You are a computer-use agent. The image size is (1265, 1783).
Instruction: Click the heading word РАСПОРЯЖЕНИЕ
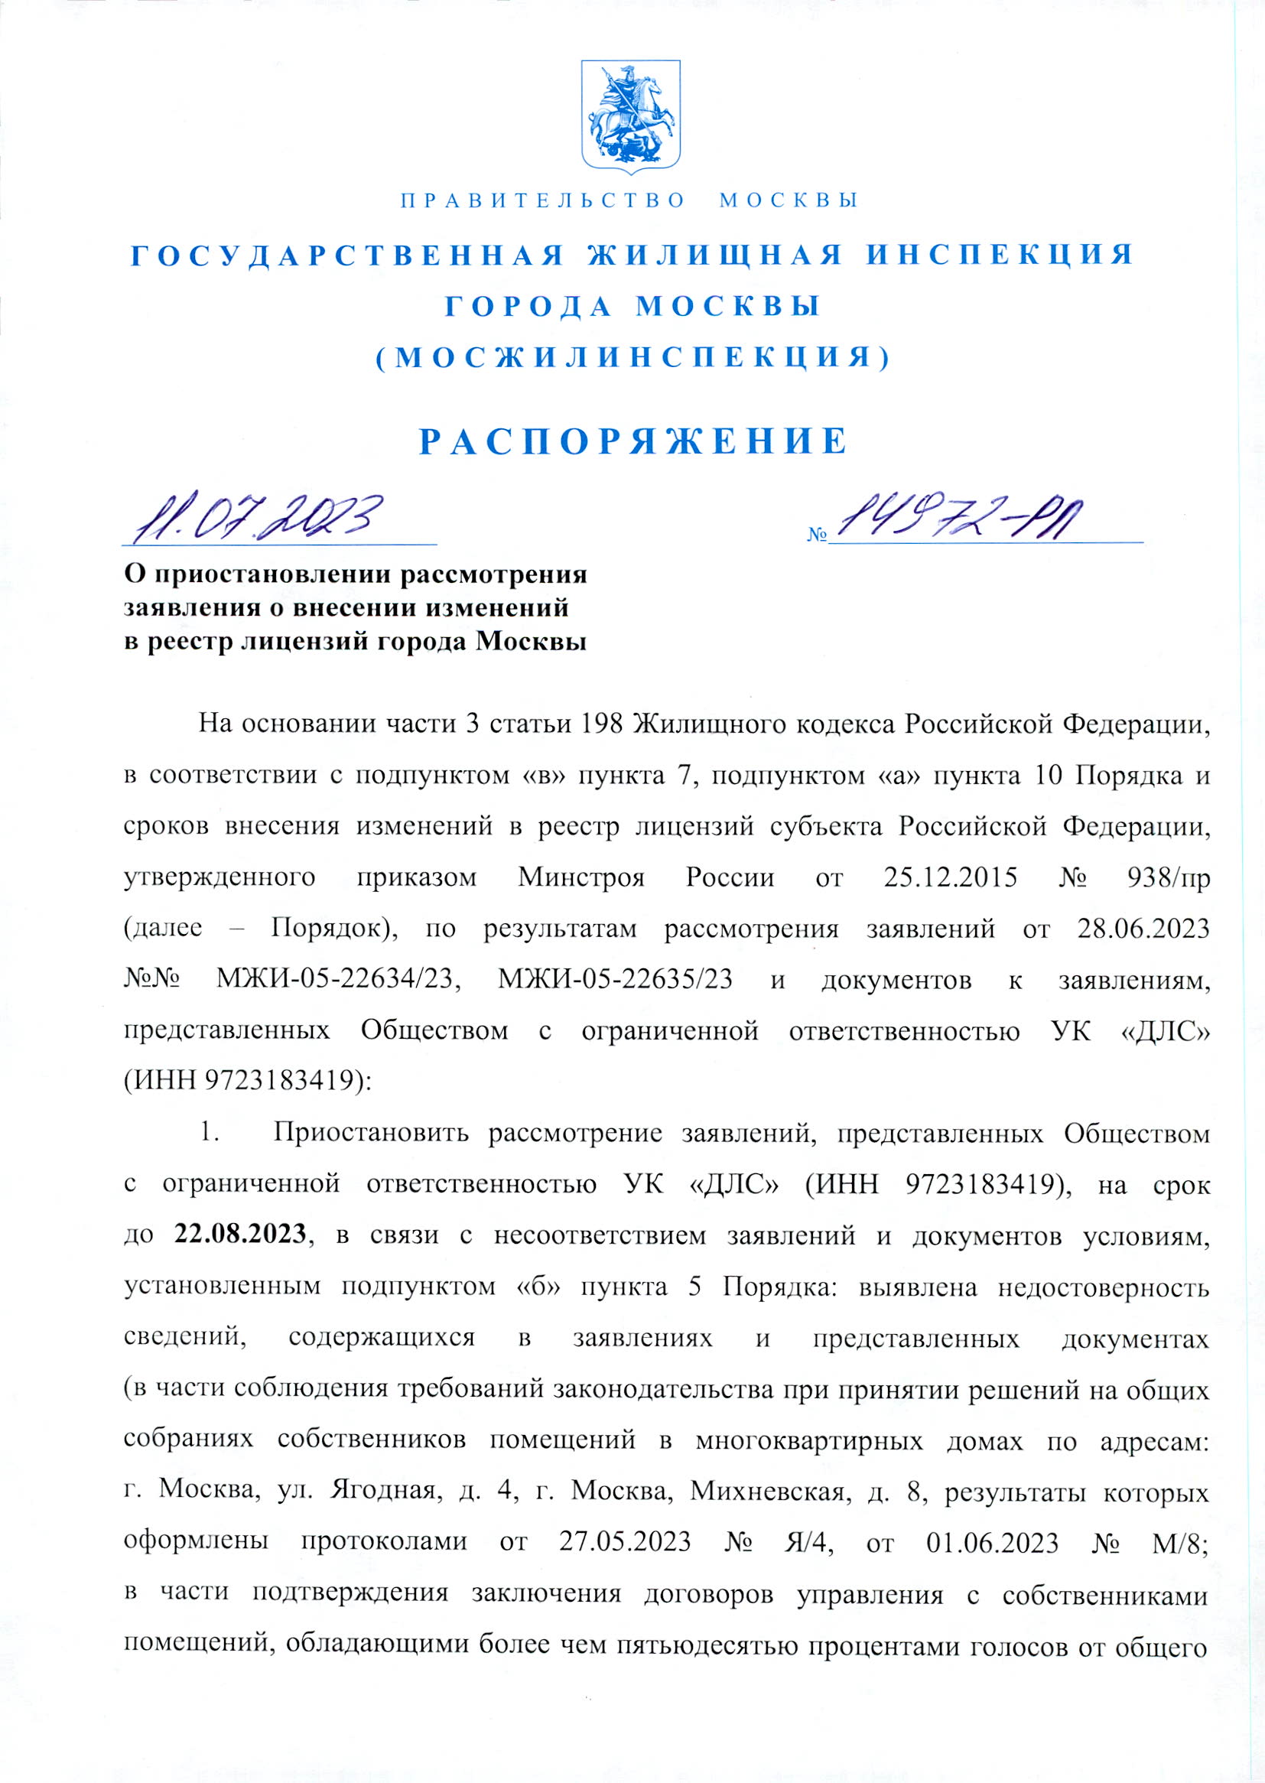(x=632, y=441)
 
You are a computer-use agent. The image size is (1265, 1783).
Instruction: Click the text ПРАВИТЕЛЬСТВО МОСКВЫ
(x=629, y=201)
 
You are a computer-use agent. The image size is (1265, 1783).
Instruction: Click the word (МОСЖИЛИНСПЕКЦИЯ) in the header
(x=632, y=357)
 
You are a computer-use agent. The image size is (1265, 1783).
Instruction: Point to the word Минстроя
(x=582, y=878)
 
